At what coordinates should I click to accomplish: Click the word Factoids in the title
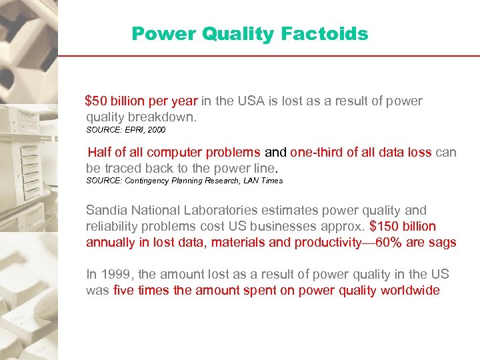coord(326,33)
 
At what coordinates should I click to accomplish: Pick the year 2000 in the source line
coord(157,129)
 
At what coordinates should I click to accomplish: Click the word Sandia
coord(105,210)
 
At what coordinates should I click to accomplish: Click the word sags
coord(443,242)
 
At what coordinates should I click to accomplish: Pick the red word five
coord(124,290)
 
